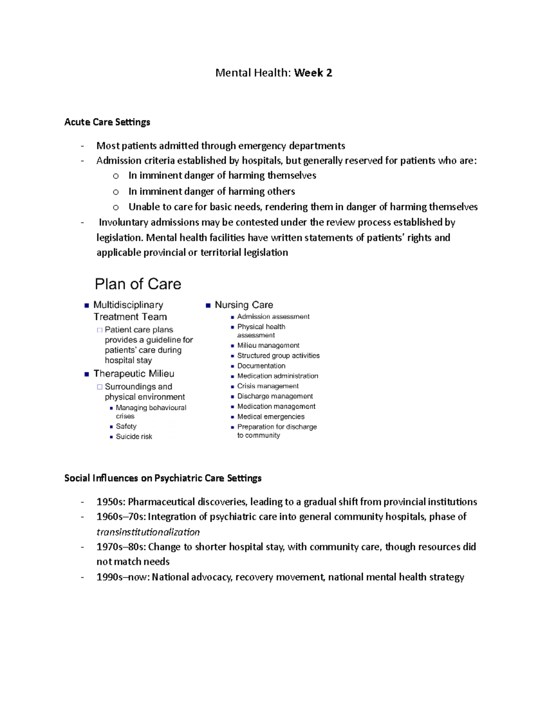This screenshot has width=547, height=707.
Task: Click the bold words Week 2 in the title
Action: tap(313, 73)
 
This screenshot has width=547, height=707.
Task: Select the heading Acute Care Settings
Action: tap(107, 122)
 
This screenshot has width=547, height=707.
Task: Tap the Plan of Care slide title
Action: tap(138, 284)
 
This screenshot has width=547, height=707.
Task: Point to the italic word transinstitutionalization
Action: tap(148, 532)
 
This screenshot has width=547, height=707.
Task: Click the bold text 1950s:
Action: tap(111, 502)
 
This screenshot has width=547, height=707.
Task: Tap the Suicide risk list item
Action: tap(134, 437)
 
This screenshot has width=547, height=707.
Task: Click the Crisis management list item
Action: tap(268, 386)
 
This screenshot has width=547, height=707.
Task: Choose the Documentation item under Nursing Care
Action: tap(261, 366)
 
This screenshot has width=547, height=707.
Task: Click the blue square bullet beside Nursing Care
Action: tap(208, 305)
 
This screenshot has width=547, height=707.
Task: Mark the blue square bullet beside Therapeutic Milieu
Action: tap(87, 374)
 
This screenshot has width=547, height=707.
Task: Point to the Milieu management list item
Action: tap(268, 346)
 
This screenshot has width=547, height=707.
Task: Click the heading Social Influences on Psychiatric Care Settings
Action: tap(163, 478)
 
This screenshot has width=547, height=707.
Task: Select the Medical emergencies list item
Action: tap(271, 417)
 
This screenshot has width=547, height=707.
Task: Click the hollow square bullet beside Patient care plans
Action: tap(99, 330)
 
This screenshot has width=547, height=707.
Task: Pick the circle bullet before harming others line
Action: tap(116, 192)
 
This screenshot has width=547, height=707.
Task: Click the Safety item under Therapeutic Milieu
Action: tap(126, 427)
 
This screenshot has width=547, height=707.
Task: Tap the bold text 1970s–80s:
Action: tap(121, 547)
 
